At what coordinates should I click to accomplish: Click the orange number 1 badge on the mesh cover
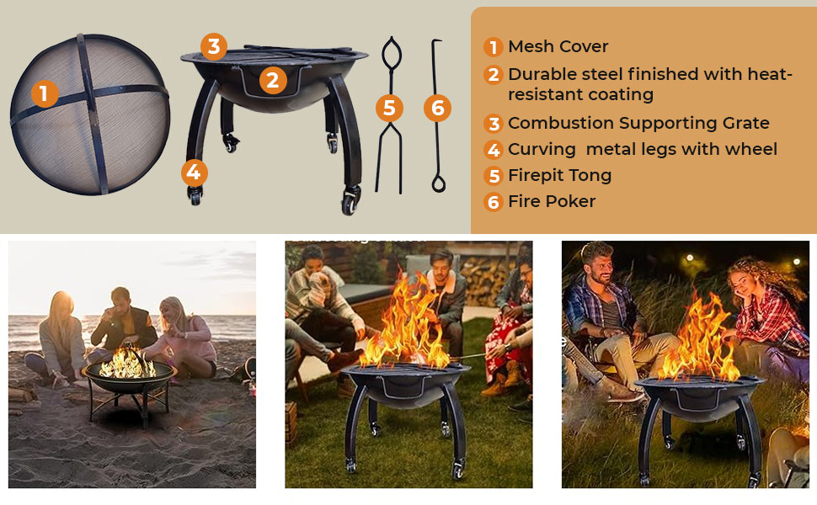(x=45, y=93)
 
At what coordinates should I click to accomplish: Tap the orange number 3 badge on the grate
(x=214, y=46)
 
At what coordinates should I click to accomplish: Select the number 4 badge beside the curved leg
(x=195, y=173)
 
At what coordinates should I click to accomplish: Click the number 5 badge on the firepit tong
(x=390, y=108)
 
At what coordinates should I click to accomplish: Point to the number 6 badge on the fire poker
(x=438, y=108)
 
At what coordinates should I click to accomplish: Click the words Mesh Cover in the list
(x=558, y=46)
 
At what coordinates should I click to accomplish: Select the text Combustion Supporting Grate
(x=638, y=124)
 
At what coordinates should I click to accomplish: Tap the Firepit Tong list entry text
(x=559, y=175)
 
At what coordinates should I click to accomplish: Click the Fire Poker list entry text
(x=552, y=201)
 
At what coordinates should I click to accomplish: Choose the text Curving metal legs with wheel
(x=643, y=150)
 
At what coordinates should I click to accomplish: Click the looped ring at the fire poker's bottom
(x=439, y=183)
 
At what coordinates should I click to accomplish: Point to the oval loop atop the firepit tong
(x=392, y=52)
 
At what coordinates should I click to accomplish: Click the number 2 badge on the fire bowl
(x=273, y=80)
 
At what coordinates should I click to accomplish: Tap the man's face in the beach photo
(x=120, y=300)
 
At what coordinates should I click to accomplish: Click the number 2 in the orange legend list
(x=493, y=75)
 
